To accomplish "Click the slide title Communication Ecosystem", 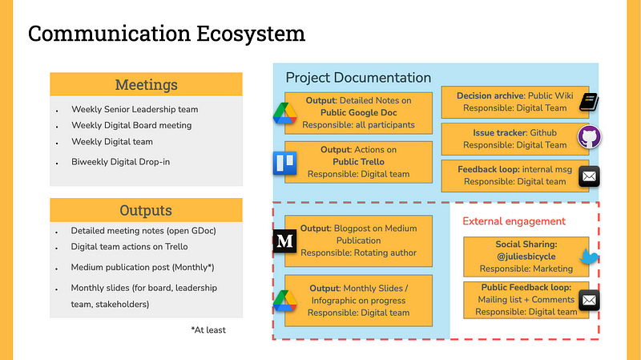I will pyautogui.click(x=167, y=34).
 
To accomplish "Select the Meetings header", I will pyautogui.click(x=146, y=85).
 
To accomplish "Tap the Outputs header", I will pyautogui.click(x=146, y=210).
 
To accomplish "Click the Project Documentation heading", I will pyautogui.click(x=358, y=78).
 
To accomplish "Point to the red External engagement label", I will pyautogui.click(x=514, y=221).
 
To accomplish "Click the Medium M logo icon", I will pyautogui.click(x=284, y=241).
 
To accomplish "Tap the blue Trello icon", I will pyautogui.click(x=284, y=162).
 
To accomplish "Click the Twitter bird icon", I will pyautogui.click(x=590, y=258).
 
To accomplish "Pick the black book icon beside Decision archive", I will pyautogui.click(x=590, y=101).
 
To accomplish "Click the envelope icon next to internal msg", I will pyautogui.click(x=590, y=175).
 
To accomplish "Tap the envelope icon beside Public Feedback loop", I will pyautogui.click(x=590, y=300).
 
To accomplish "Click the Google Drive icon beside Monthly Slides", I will pyautogui.click(x=284, y=300).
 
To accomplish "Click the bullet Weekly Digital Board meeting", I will pyautogui.click(x=131, y=125).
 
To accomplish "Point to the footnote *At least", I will pyautogui.click(x=208, y=330).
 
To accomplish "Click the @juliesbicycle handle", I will pyautogui.click(x=526, y=257).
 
